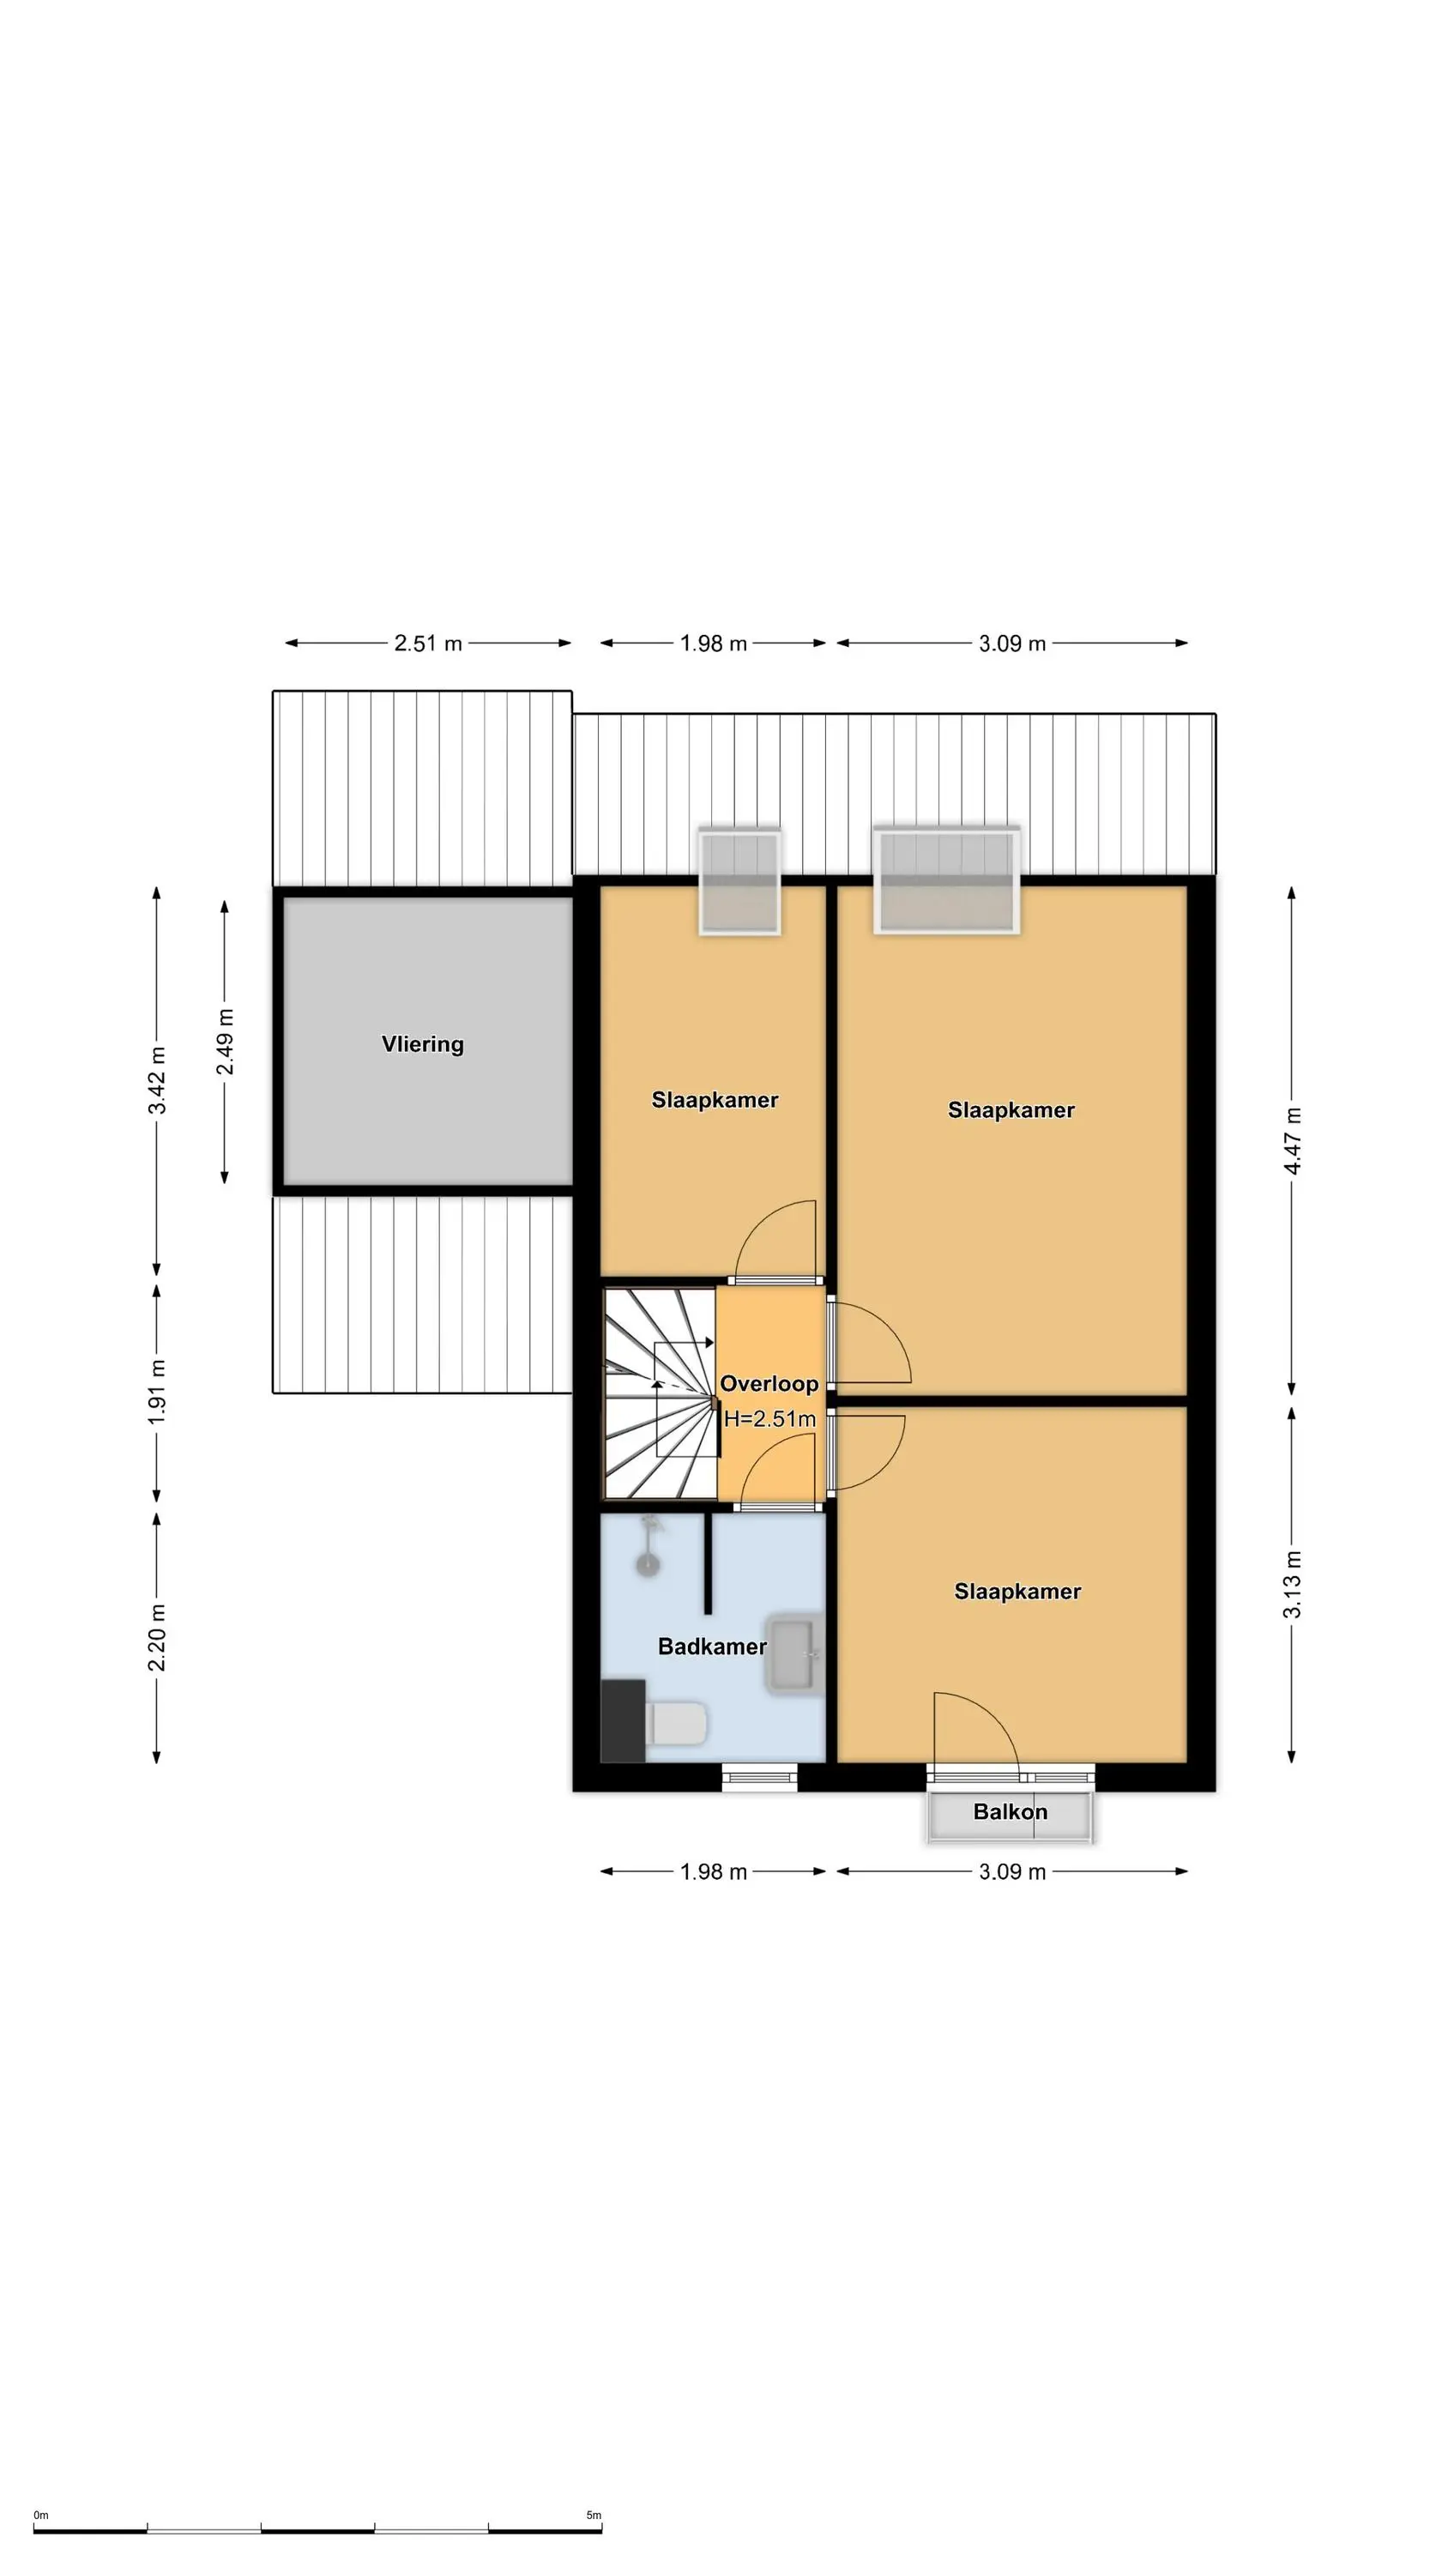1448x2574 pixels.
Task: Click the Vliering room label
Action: [423, 1044]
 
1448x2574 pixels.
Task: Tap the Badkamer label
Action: [711, 1646]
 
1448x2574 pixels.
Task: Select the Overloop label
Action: [769, 1383]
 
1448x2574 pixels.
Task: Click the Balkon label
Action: [1011, 1811]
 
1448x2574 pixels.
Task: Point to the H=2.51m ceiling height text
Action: [769, 1418]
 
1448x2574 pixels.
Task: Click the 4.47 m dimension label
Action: [1292, 1140]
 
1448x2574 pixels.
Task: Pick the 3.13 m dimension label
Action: [1292, 1584]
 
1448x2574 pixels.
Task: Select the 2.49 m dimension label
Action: [225, 1042]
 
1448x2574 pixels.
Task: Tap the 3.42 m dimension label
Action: [157, 1080]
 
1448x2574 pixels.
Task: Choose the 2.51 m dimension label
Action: [428, 643]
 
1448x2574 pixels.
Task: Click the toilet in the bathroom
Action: [678, 1724]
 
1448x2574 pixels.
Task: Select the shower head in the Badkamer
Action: [649, 1547]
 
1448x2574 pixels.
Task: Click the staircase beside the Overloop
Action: [661, 1393]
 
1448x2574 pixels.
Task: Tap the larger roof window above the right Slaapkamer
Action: [946, 880]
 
